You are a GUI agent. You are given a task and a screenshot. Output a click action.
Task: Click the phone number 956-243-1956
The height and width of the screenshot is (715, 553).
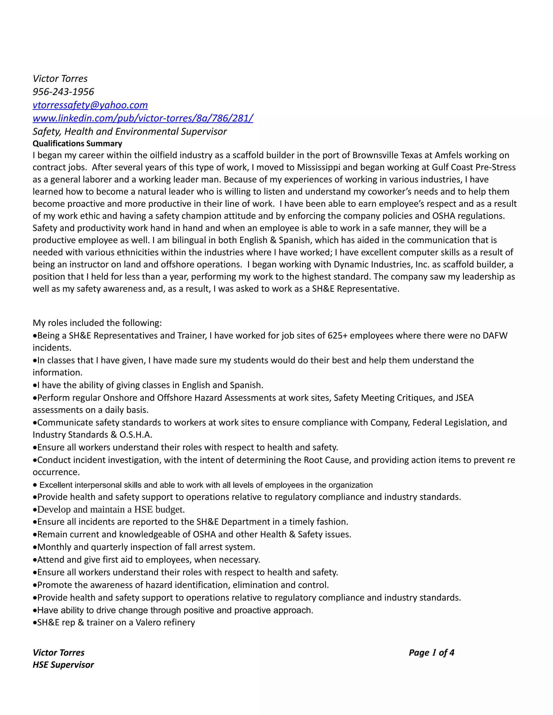63,92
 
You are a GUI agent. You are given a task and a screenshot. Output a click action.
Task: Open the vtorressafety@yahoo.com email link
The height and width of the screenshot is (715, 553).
90,105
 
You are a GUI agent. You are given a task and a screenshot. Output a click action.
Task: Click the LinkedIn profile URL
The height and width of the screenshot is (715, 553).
143,118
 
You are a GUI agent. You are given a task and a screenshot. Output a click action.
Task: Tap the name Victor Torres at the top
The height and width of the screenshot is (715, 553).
60,79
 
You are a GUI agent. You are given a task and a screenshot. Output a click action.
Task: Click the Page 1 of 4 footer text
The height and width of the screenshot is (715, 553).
431,653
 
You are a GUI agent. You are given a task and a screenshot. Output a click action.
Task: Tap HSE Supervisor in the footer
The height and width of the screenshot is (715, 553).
63,665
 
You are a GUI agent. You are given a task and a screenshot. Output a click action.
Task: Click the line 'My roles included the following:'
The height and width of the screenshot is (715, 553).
97,323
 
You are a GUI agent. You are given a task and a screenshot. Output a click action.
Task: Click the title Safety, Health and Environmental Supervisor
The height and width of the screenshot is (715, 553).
129,132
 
